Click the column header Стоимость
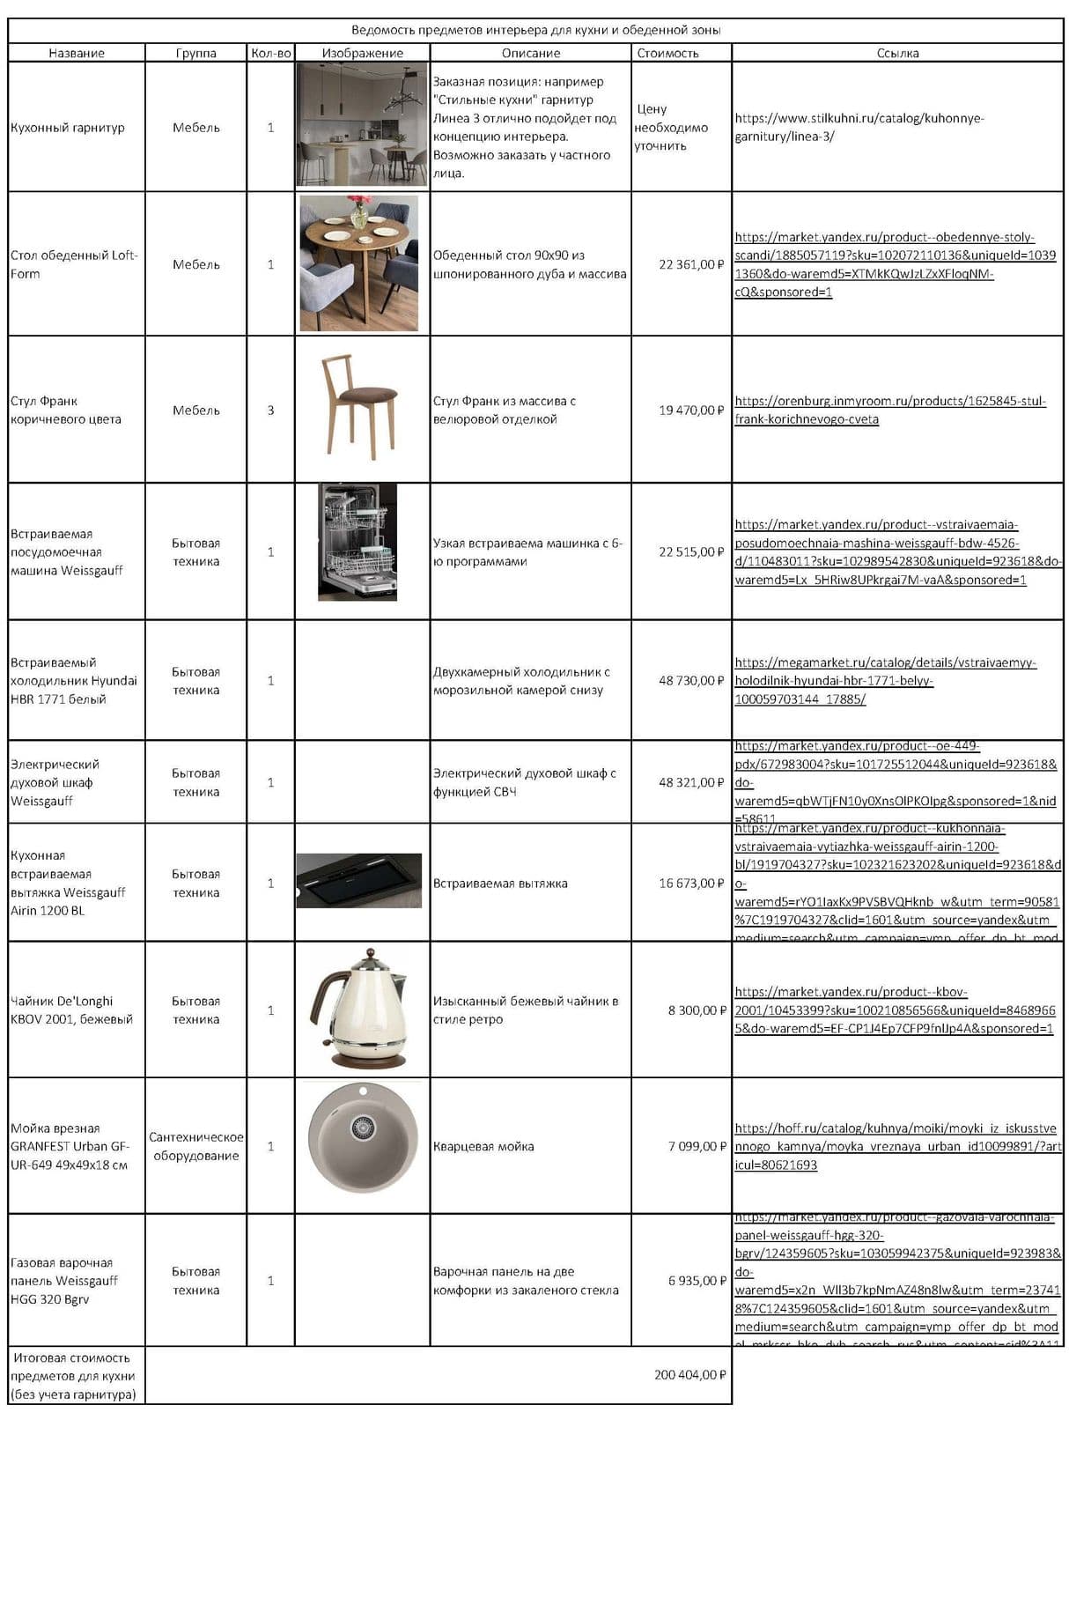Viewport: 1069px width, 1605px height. pyautogui.click(x=667, y=53)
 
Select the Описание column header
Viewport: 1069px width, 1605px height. pyautogui.click(x=530, y=53)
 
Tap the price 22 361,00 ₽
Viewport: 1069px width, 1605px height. pyautogui.click(x=691, y=264)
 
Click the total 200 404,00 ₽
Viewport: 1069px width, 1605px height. pyautogui.click(x=689, y=1374)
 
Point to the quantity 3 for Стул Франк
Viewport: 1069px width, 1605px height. pyautogui.click(x=270, y=410)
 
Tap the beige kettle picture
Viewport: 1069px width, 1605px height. pyautogui.click(x=360, y=1009)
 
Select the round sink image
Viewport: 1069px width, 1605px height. pyautogui.click(x=362, y=1138)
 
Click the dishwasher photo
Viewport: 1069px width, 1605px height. pyautogui.click(x=358, y=543)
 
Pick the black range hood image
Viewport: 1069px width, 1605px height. pyautogui.click(x=359, y=880)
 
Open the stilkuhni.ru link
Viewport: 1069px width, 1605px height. pyautogui.click(x=859, y=127)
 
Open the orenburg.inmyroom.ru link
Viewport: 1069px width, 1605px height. pyautogui.click(x=889, y=410)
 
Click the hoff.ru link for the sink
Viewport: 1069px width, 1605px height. pyautogui.click(x=896, y=1146)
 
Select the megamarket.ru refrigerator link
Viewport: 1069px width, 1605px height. pyautogui.click(x=885, y=681)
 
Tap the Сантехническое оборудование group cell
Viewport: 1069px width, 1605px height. pyautogui.click(x=195, y=1146)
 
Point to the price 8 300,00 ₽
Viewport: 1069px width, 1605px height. pyautogui.click(x=697, y=1010)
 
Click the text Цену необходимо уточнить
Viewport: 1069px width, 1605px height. pyautogui.click(x=670, y=127)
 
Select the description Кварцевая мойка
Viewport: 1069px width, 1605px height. pyautogui.click(x=483, y=1146)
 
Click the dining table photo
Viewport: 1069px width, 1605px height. pyautogui.click(x=359, y=263)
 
